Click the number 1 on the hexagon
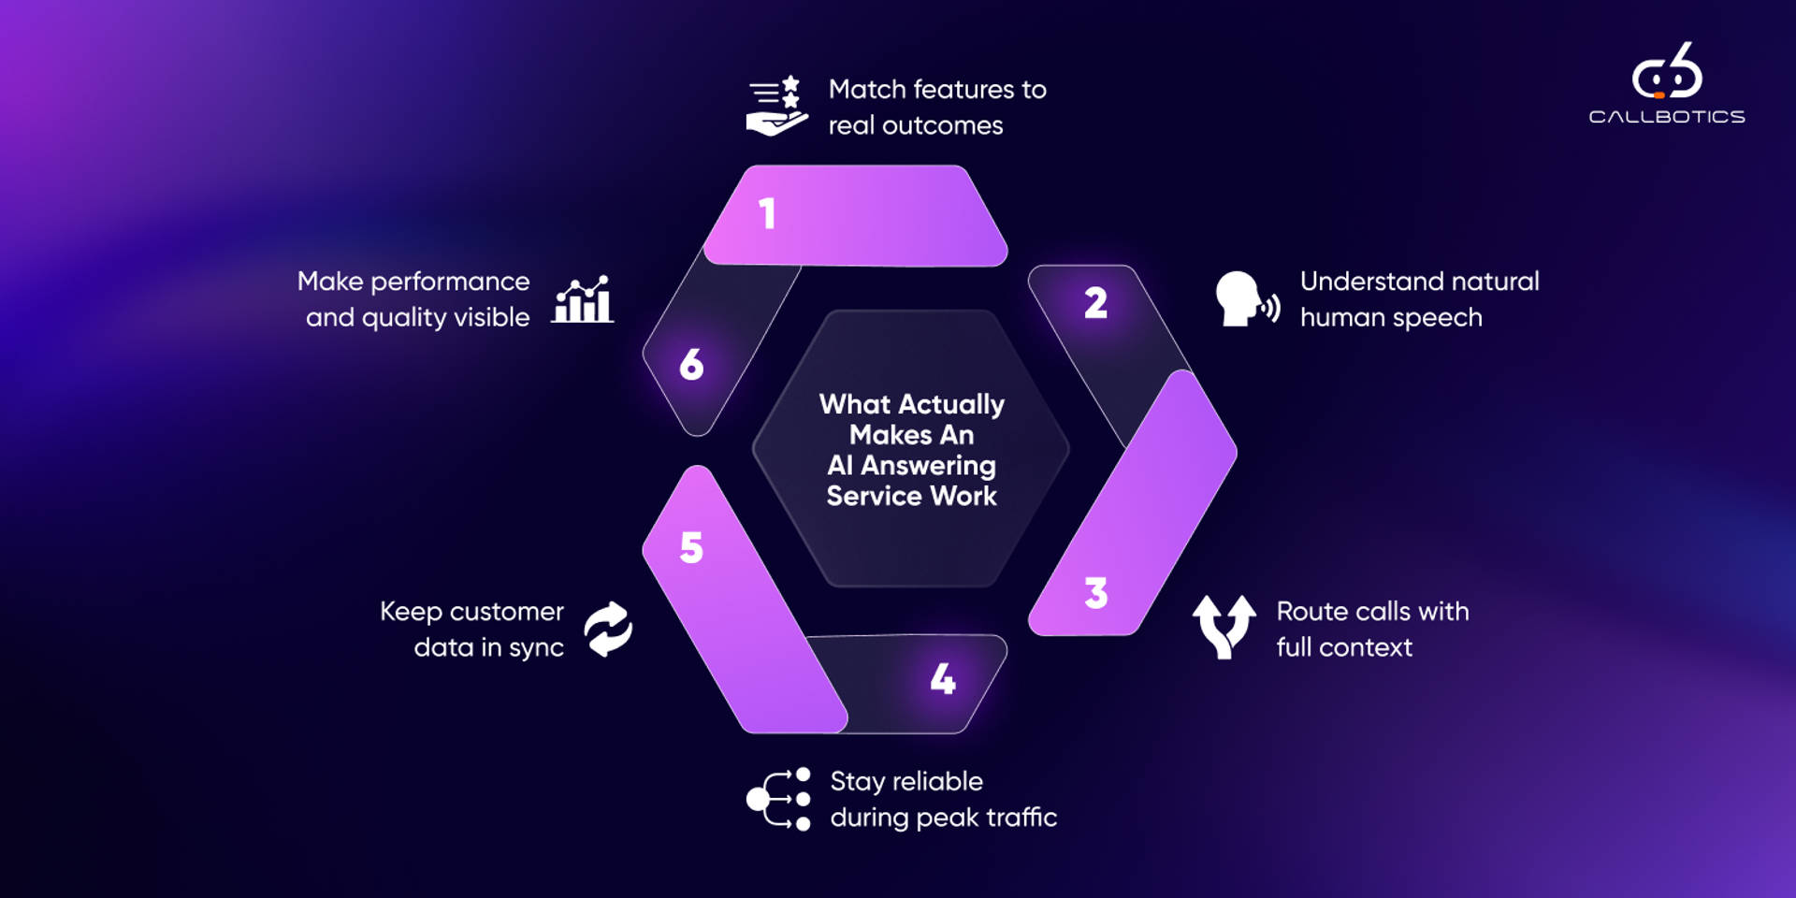[767, 214]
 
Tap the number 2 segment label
[1095, 303]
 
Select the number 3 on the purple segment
[1095, 593]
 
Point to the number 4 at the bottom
[943, 679]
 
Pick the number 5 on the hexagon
[691, 548]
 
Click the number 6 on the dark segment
[691, 365]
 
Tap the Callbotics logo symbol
[1667, 71]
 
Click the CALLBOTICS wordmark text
[1667, 117]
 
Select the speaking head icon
[1246, 299]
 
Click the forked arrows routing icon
[1224, 626]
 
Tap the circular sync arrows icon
[608, 629]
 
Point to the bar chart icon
[583, 300]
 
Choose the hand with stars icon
[776, 106]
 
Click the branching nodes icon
[778, 799]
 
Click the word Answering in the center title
[928, 466]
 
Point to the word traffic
[1021, 818]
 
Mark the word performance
[450, 282]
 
